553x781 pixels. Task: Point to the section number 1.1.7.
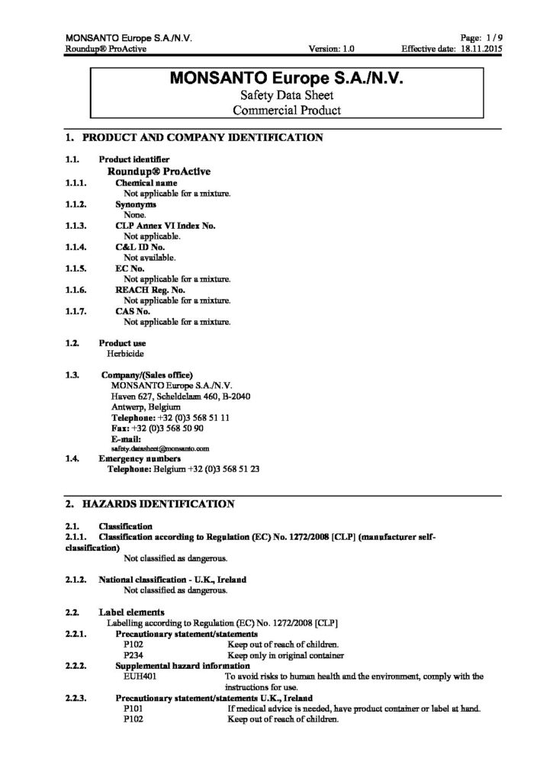[76, 311]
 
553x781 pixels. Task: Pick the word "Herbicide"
[126, 354]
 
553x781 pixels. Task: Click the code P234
[133, 655]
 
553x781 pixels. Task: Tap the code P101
[133, 709]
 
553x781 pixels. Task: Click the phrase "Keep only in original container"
[286, 655]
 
